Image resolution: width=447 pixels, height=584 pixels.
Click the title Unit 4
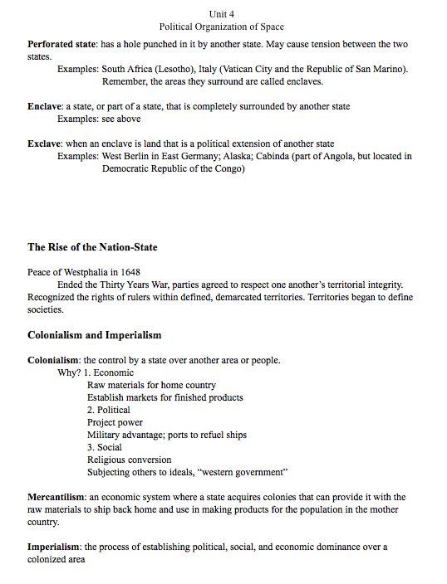[223, 14]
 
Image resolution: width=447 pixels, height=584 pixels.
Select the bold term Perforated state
[62, 43]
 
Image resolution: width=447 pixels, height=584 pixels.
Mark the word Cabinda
[278, 156]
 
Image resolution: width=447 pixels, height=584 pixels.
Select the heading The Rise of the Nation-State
[92, 247]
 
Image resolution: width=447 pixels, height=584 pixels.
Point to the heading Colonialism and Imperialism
[94, 335]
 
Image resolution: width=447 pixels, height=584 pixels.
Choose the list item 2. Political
[109, 410]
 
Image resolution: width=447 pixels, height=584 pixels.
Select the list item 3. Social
[105, 447]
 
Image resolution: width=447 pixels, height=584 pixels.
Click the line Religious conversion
[130, 460]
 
